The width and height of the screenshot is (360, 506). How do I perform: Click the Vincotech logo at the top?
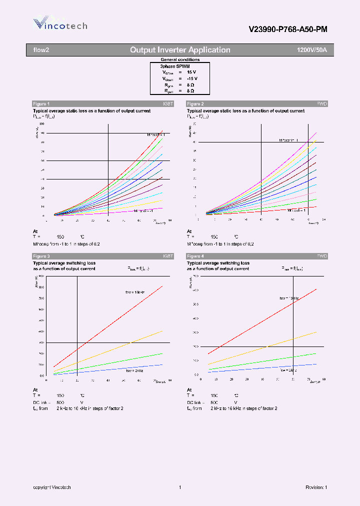click(59, 24)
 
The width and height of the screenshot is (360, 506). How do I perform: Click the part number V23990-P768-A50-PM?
click(288, 29)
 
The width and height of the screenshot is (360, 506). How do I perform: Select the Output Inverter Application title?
click(180, 50)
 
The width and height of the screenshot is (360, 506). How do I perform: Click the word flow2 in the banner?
click(41, 50)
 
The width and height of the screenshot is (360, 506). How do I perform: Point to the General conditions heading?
click(180, 59)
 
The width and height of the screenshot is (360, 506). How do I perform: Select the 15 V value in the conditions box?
click(192, 72)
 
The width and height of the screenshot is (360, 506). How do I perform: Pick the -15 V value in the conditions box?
click(192, 79)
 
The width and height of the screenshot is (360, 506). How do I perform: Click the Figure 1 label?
click(41, 103)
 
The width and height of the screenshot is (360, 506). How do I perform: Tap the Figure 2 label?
click(195, 103)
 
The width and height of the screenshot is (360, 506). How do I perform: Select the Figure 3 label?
click(41, 256)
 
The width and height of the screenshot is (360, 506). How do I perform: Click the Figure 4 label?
click(195, 256)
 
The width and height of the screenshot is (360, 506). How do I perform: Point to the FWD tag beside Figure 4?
click(322, 256)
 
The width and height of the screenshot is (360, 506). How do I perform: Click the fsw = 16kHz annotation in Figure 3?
click(135, 291)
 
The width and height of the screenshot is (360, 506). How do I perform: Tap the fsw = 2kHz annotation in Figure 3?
click(133, 370)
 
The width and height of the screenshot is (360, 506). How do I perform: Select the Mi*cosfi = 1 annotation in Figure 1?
click(157, 134)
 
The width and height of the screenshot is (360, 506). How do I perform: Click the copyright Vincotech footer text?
click(52, 487)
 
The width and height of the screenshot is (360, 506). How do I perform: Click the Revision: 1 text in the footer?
click(316, 487)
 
